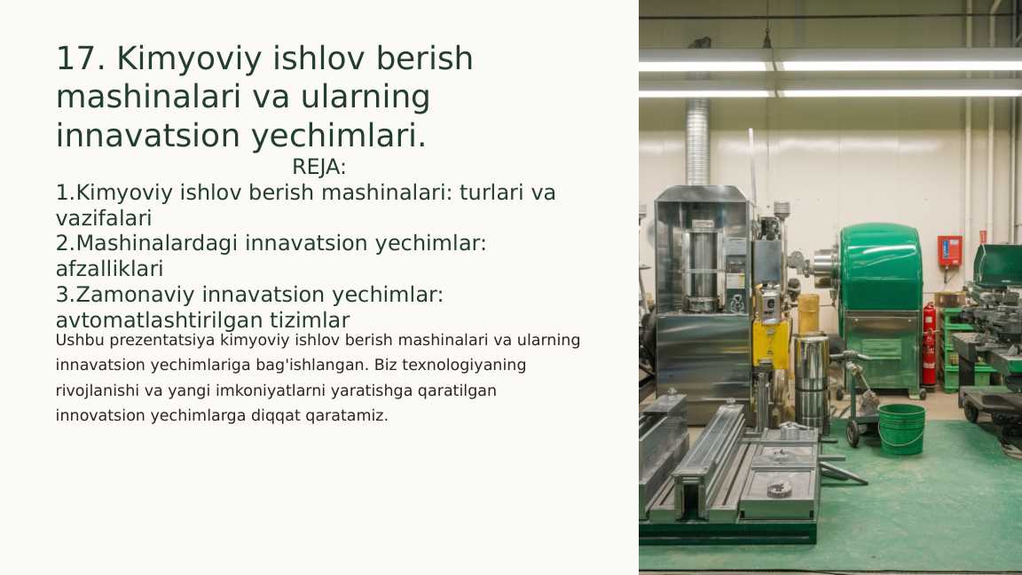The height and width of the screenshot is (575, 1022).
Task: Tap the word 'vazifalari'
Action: tap(104, 217)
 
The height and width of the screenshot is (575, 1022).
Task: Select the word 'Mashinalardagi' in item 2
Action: tap(157, 243)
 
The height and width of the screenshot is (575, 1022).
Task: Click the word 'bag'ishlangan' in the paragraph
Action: tap(320, 365)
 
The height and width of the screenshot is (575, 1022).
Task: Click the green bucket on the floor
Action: tap(901, 429)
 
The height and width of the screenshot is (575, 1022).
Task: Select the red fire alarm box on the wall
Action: tap(948, 250)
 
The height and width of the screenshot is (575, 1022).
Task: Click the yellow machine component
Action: tap(770, 342)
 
